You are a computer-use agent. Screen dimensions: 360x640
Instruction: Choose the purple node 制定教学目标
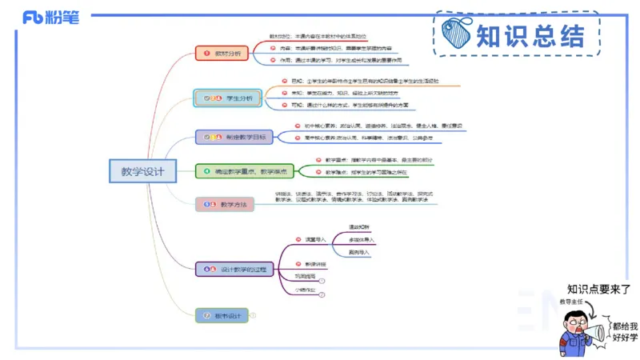[234, 137]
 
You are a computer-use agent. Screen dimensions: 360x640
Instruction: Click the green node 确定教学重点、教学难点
[246, 170]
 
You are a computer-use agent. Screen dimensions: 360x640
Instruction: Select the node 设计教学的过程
[235, 269]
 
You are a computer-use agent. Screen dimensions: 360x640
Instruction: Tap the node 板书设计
[222, 315]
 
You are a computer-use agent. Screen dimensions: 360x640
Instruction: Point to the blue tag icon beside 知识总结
[459, 34]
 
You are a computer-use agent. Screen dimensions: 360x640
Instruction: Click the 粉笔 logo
[51, 17]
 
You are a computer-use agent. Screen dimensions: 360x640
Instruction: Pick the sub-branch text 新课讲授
[314, 263]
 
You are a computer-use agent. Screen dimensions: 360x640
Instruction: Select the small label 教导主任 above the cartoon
[570, 302]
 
